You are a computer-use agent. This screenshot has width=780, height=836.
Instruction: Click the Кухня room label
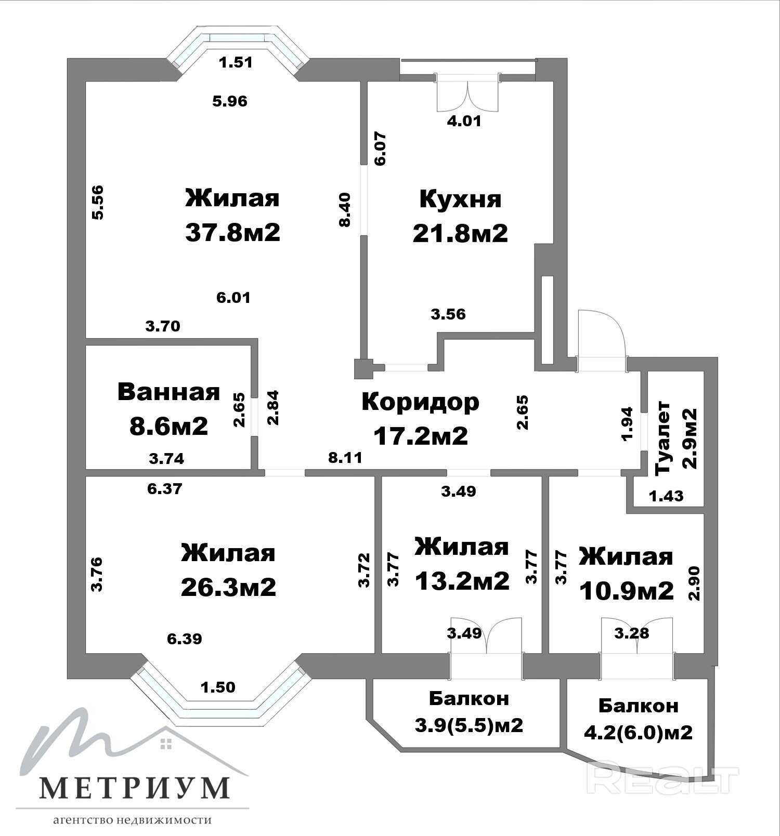tap(460, 199)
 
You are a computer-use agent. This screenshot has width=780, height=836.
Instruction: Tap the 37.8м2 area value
tap(232, 232)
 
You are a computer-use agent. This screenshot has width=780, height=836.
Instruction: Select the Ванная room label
tap(168, 392)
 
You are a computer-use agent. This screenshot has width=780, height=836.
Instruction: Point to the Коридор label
tap(420, 402)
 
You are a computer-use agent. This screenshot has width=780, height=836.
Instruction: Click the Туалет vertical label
tap(664, 437)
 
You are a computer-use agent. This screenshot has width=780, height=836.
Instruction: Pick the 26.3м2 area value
tap(228, 587)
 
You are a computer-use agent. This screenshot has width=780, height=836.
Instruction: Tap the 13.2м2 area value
tap(462, 581)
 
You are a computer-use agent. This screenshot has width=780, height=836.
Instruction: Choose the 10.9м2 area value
tap(626, 591)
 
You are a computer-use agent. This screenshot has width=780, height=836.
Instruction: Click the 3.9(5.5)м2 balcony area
tap(469, 725)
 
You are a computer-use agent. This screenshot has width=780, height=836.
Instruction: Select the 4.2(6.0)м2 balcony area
tap(639, 733)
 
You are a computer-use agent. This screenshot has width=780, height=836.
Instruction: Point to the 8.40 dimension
tap(345, 209)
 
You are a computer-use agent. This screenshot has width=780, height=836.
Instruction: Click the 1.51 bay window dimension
tap(236, 62)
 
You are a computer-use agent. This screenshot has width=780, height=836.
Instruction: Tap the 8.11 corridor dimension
tap(345, 458)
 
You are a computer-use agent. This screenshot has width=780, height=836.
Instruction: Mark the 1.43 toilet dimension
tap(666, 496)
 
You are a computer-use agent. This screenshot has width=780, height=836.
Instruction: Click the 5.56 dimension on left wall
tap(97, 202)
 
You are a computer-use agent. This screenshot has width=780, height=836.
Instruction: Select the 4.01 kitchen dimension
tap(464, 121)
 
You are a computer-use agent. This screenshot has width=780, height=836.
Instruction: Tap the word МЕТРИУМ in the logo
tap(135, 788)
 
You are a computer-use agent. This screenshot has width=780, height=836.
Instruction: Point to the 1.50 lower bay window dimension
tap(218, 687)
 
